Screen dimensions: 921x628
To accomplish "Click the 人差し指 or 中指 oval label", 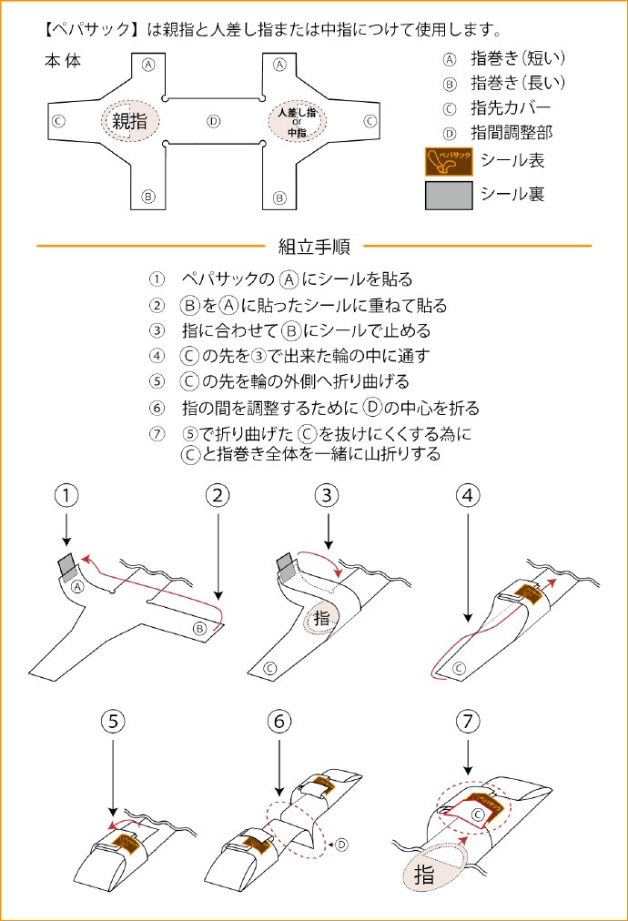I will coord(297,121).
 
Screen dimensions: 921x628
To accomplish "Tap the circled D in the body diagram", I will coord(213,120).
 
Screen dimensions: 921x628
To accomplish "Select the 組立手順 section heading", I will coord(314,247).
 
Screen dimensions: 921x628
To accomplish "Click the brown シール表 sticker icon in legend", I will coord(448,162).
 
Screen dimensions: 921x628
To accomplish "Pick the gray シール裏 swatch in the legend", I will coord(448,194).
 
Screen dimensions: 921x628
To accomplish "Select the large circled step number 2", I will coord(217,496).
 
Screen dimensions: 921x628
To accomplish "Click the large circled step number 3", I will coord(328,496).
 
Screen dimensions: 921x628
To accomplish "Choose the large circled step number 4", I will coord(468,496).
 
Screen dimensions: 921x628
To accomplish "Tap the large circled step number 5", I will coord(113,722).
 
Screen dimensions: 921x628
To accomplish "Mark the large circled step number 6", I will coord(279,722).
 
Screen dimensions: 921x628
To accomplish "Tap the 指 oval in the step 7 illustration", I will coord(425,875).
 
